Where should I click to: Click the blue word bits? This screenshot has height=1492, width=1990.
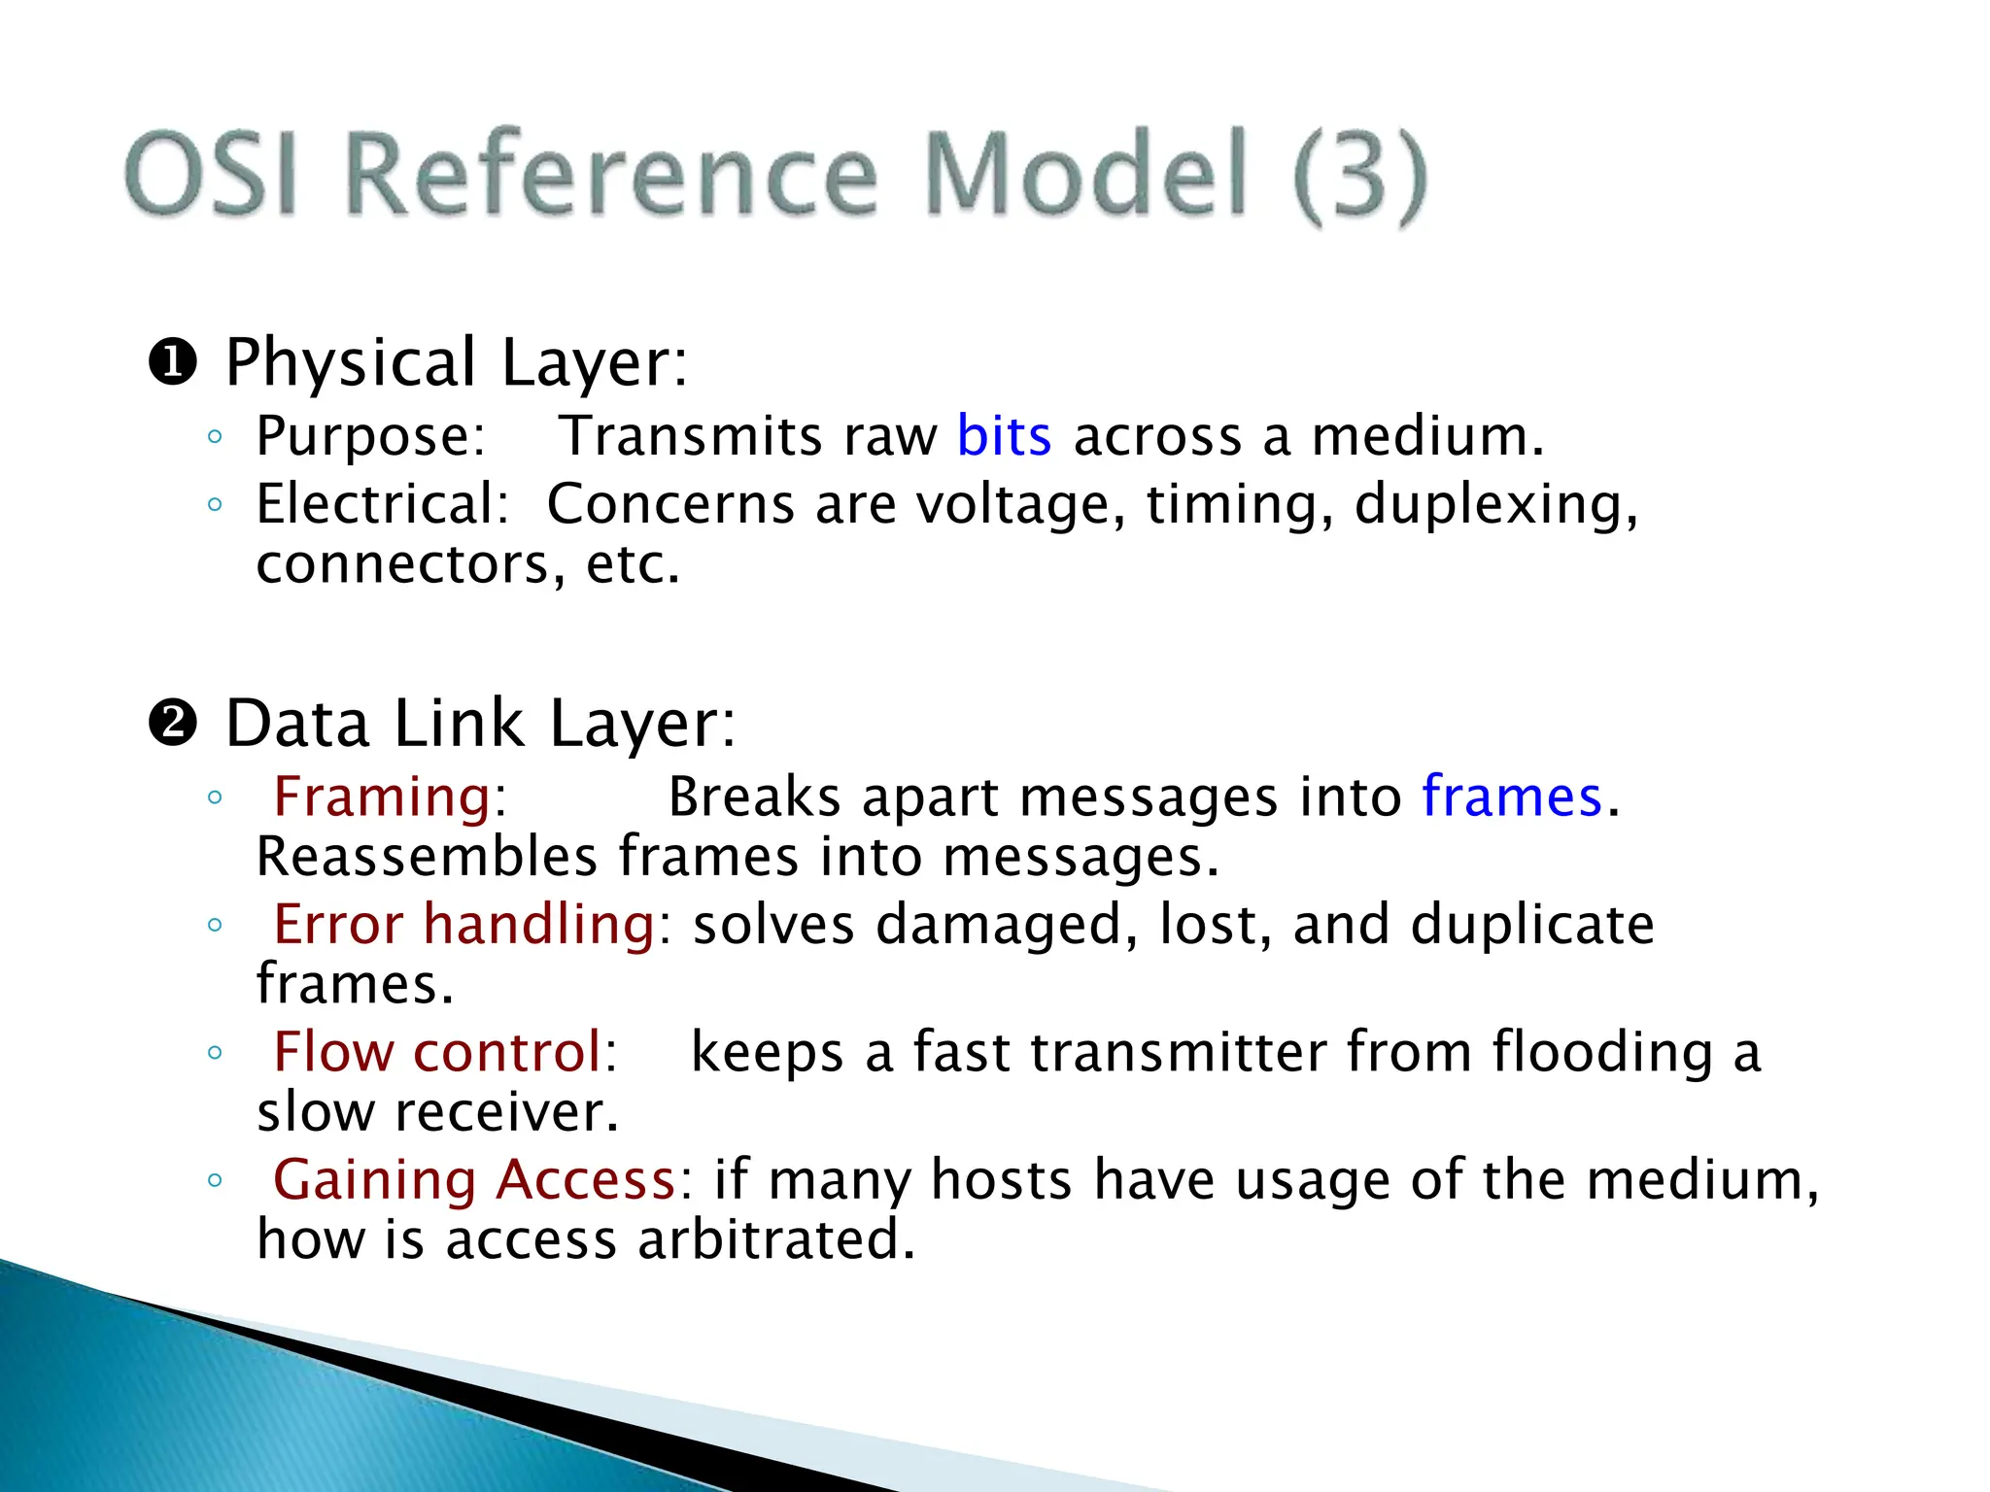click(x=1003, y=436)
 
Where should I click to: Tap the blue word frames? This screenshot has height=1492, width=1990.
click(x=1511, y=797)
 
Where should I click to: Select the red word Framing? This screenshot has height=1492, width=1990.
click(x=382, y=797)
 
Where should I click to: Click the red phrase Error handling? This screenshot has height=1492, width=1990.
click(x=464, y=924)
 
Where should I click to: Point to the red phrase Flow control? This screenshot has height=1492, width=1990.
click(x=437, y=1052)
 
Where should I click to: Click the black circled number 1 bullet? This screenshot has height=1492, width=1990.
click(x=173, y=364)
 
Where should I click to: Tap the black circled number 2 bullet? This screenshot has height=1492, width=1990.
click(x=173, y=725)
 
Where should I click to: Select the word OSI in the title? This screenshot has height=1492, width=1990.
click(x=211, y=175)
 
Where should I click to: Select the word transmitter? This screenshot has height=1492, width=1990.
click(x=1178, y=1052)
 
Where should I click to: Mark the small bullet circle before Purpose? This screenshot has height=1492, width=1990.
click(x=215, y=437)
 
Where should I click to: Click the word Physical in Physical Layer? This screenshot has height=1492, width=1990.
click(x=351, y=364)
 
